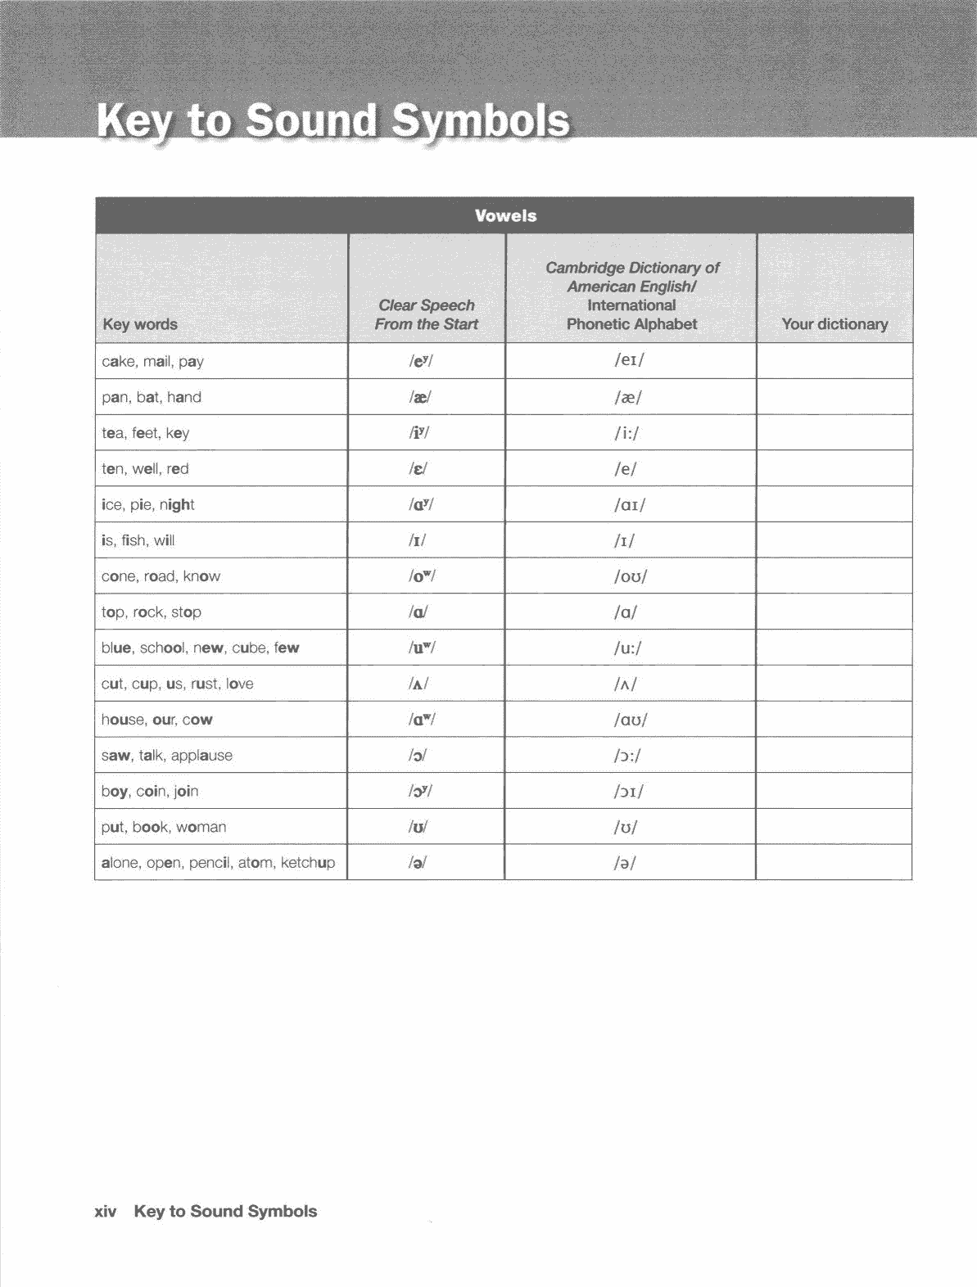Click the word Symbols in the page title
pos(479,121)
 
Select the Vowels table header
pos(505,216)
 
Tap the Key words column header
pos(140,324)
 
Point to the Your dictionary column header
pos(835,324)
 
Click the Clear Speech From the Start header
pos(426,314)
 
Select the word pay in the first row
pos(191,362)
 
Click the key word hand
pos(184,397)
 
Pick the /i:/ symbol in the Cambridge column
pos(627,433)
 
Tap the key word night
pos(177,504)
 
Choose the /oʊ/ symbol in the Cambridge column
pos(631,576)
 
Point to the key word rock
pos(148,612)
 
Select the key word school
pos(162,648)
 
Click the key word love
pos(240,684)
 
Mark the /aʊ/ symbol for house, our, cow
pos(631,720)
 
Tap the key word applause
pos(201,756)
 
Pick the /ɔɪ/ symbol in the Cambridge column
pos(629,792)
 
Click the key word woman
pos(201,827)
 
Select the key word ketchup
pos(308,863)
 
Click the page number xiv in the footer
pos(106,1212)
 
